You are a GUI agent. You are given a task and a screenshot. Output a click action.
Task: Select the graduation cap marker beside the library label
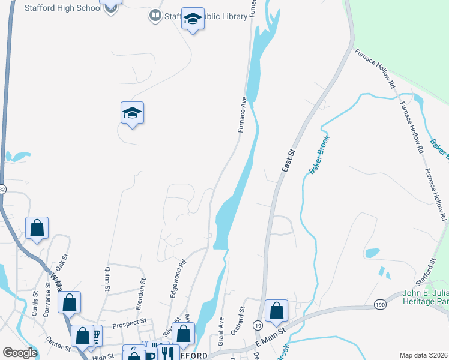(193, 20)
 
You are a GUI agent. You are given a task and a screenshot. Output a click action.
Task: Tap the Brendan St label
(142, 288)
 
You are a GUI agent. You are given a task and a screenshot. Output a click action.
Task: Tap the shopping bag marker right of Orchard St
(276, 311)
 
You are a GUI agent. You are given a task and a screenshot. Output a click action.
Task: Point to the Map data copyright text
(424, 355)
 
